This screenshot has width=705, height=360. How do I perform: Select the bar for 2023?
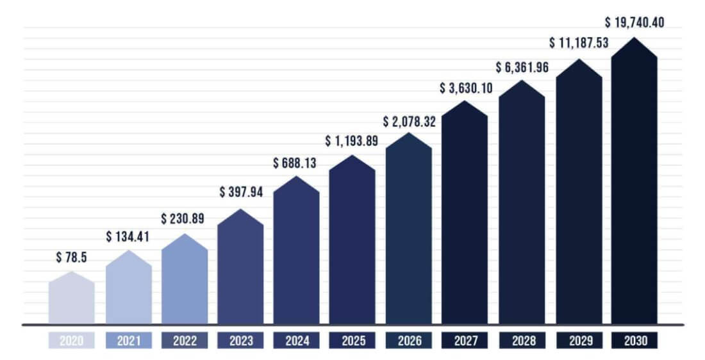[x=240, y=269]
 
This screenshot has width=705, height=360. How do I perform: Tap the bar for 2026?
[x=409, y=231]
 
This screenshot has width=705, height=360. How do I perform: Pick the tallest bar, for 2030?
[x=634, y=186]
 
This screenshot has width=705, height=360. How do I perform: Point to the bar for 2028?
[x=522, y=205]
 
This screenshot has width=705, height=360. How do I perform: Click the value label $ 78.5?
[x=72, y=258]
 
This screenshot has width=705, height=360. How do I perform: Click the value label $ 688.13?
[x=295, y=163]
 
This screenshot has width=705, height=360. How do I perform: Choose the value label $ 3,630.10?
[x=466, y=88]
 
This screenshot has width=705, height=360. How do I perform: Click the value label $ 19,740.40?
[x=634, y=22]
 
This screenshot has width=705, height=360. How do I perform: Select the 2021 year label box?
[x=128, y=340]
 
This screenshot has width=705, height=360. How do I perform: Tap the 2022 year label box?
[x=185, y=340]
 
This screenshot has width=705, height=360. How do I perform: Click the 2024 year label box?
[x=297, y=340]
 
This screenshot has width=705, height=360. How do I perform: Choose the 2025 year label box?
[x=352, y=340]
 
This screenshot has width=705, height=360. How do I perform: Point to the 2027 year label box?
[x=465, y=340]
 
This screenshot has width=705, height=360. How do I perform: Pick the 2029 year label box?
[x=578, y=340]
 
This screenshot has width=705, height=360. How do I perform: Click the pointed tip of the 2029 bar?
[x=579, y=60]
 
